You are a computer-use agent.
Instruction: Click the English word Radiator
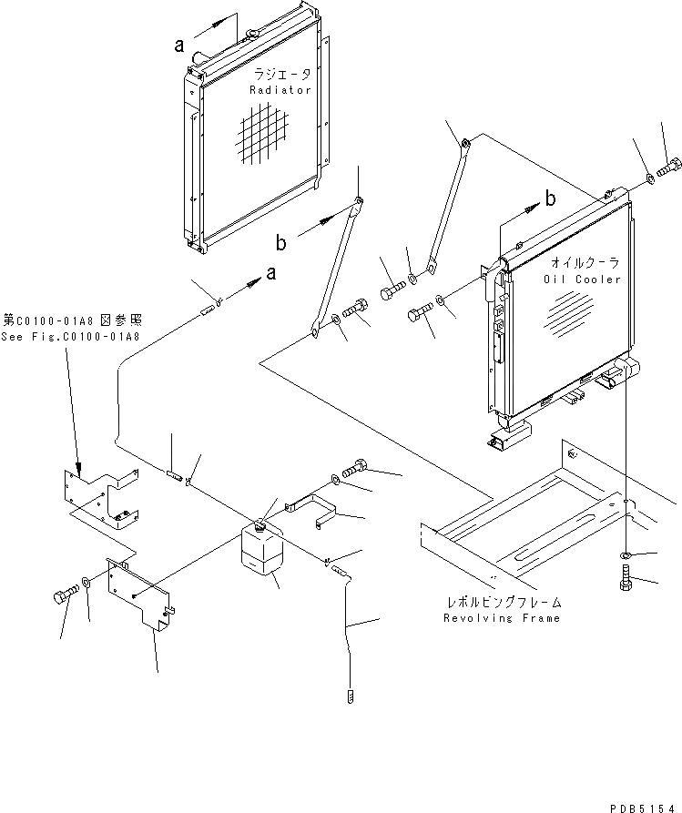click(x=280, y=91)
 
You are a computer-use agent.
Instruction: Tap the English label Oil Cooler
click(x=587, y=279)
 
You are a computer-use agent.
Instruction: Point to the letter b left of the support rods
click(x=281, y=242)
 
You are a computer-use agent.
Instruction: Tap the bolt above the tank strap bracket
click(x=355, y=466)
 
